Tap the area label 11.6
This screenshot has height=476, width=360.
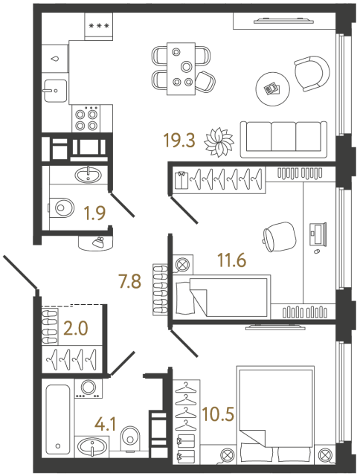[232, 260]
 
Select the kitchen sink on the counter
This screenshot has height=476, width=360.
[54, 92]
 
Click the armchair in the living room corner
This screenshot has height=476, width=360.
[311, 73]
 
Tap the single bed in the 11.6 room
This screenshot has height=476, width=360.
[220, 295]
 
